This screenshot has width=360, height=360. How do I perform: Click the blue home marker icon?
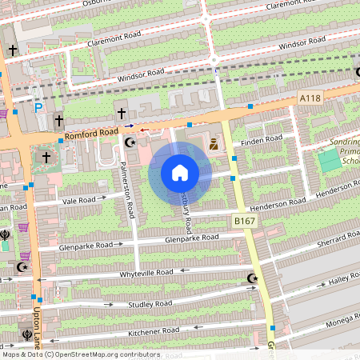point(180,173)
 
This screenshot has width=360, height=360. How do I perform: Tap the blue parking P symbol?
point(38,107)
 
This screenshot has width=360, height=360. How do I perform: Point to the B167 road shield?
point(244,219)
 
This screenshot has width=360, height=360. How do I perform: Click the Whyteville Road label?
point(146,273)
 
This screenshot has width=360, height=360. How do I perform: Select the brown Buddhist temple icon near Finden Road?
point(214,146)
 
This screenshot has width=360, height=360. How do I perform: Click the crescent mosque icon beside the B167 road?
point(252,278)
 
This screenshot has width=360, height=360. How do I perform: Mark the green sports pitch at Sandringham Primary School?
point(329,159)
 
